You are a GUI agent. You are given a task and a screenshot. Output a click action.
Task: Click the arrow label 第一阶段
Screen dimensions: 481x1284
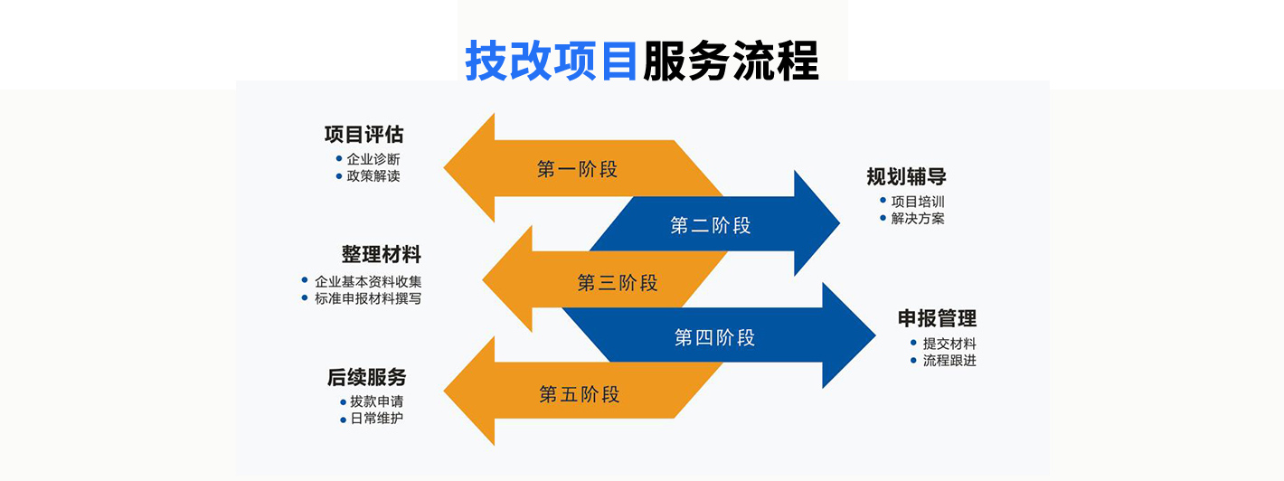point(577,169)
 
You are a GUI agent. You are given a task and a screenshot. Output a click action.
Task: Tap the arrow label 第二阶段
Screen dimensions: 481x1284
point(711,226)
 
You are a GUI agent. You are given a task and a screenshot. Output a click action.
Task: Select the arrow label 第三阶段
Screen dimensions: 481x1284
point(618,283)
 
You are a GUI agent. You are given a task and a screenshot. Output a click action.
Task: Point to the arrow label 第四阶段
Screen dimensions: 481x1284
point(714,338)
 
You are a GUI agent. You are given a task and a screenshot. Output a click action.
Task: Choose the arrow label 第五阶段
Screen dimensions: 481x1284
point(580,394)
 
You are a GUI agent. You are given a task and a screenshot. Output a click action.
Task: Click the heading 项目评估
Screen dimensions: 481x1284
point(363,135)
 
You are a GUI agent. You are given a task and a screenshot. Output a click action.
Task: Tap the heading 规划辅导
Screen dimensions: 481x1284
point(906,176)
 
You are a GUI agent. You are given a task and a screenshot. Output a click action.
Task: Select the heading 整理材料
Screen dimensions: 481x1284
point(381,255)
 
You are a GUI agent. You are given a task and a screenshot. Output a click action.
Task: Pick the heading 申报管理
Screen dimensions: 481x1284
point(937,318)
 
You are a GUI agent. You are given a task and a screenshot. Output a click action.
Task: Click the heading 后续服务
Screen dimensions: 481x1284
point(366,377)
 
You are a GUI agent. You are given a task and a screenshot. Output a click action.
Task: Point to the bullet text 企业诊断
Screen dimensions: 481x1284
point(373,159)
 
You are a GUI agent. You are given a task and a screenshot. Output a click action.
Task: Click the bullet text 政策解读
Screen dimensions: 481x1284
point(373,176)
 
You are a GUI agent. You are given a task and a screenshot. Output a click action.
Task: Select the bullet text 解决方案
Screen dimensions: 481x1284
point(918,218)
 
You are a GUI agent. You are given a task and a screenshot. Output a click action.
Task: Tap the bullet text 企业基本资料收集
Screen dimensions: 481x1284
point(368,281)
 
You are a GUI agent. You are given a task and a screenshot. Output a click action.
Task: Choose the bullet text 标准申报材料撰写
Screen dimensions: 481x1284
point(368,298)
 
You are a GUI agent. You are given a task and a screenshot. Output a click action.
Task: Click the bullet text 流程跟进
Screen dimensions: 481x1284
point(949,361)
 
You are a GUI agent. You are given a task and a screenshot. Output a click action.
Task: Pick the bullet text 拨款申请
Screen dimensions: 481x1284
point(377,401)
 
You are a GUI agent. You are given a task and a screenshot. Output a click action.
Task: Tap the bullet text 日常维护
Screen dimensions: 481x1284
point(377,419)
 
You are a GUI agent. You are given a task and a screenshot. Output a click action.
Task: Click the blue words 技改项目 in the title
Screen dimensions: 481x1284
point(552,61)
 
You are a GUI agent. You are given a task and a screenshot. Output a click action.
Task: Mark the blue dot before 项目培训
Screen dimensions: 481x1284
point(883,201)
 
